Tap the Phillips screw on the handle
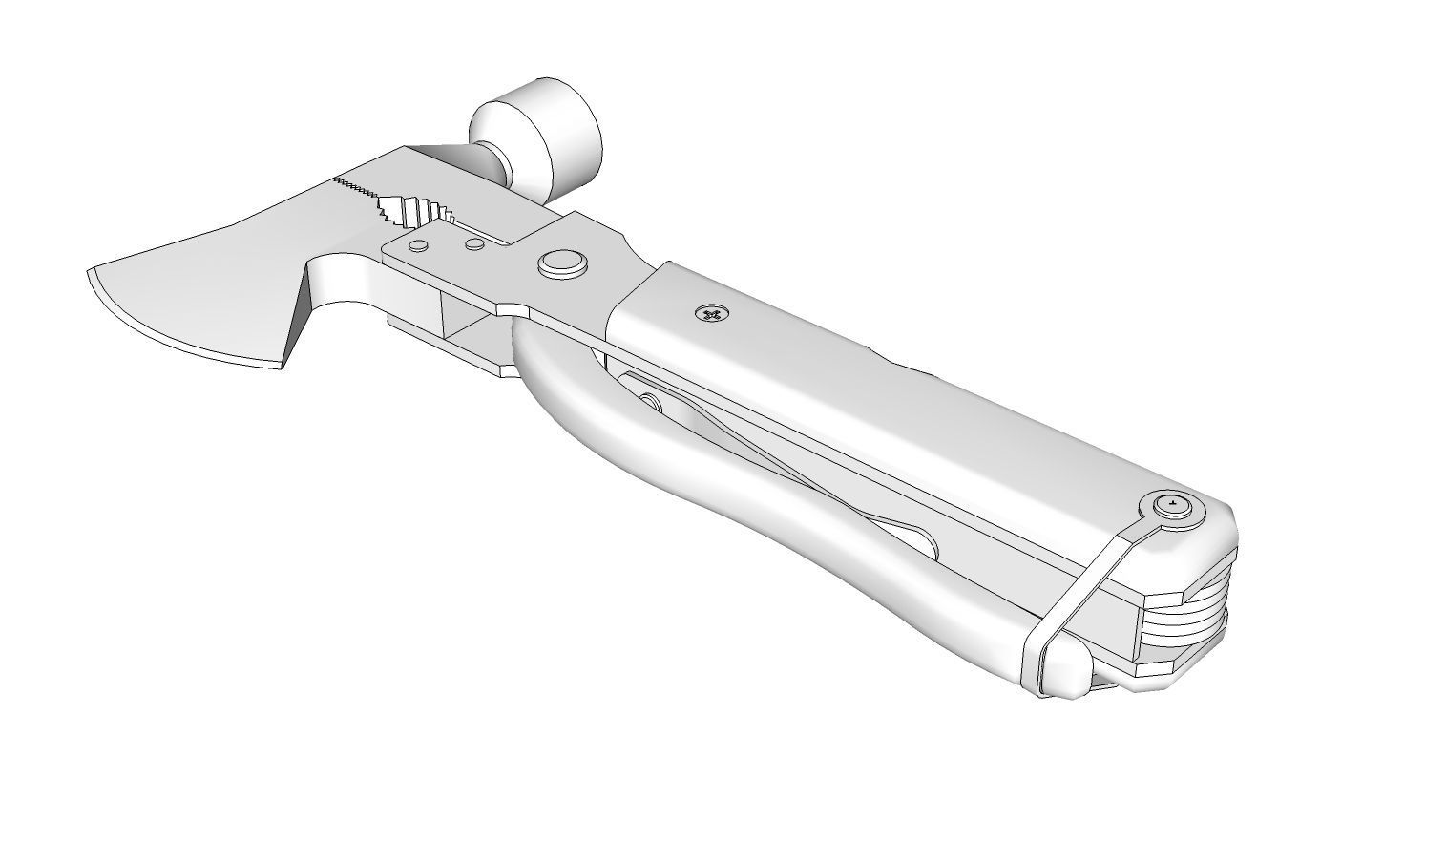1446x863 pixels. pos(710,312)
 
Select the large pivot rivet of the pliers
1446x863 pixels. pos(561,264)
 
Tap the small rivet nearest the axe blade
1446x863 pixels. pos(418,246)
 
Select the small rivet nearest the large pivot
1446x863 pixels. pos(473,244)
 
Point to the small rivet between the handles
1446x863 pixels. pos(650,402)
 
